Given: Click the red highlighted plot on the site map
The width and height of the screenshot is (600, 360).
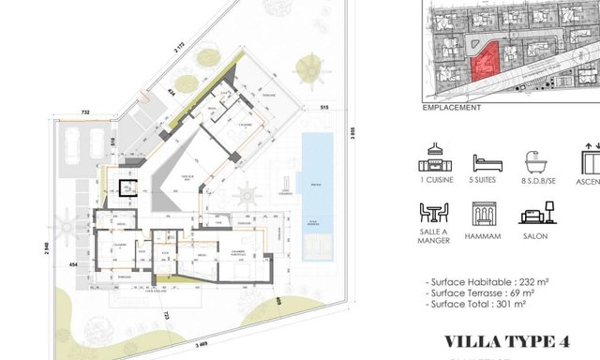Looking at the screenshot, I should coord(484,65).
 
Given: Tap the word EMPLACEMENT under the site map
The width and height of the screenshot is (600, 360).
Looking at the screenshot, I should coord(451,108).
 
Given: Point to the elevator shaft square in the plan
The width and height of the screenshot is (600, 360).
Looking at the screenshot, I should coord(125,185).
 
